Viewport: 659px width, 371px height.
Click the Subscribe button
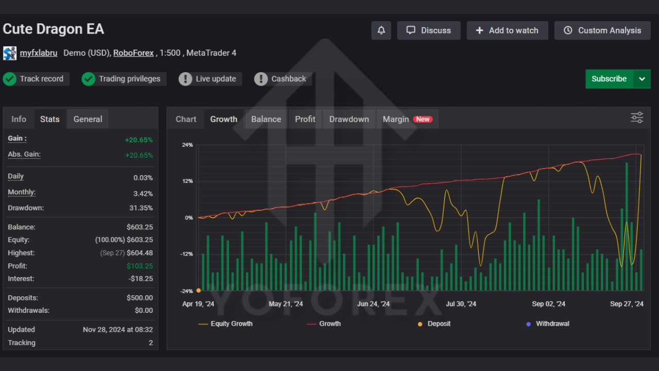[x=609, y=79]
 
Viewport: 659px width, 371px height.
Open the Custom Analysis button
[x=602, y=30]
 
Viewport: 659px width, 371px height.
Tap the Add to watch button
[x=507, y=30]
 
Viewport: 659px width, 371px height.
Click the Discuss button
[x=429, y=30]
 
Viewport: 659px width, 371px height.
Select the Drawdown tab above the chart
[x=349, y=119]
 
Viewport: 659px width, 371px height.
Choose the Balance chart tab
[x=266, y=119]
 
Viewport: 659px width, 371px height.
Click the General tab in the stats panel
[x=88, y=119]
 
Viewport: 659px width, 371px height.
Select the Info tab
[x=19, y=119]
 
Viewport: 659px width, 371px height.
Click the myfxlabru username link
[x=39, y=53]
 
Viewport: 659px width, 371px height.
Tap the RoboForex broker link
[x=133, y=53]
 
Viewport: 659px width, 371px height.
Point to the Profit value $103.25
[x=140, y=266]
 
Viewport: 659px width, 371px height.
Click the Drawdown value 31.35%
[x=141, y=208]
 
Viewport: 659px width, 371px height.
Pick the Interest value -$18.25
[x=141, y=279]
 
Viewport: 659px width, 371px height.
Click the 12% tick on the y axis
[x=187, y=181]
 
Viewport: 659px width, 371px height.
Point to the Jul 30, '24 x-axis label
[x=461, y=304]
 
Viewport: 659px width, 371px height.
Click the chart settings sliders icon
[x=637, y=118]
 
